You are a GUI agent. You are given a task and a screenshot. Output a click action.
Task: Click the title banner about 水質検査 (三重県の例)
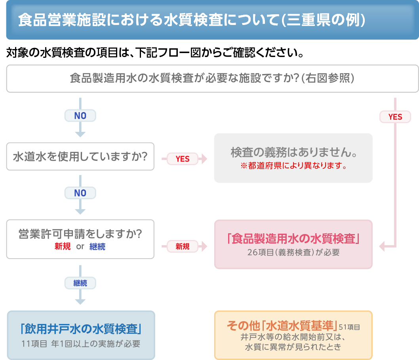click(191, 21)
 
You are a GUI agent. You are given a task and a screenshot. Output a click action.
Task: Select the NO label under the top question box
click(80, 116)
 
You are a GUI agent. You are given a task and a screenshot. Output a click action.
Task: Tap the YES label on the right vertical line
click(395, 116)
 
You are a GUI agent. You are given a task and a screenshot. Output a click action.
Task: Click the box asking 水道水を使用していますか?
click(80, 156)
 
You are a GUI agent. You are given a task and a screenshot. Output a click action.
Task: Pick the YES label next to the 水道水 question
click(183, 159)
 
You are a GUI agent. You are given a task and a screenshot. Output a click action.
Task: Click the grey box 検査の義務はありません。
click(293, 152)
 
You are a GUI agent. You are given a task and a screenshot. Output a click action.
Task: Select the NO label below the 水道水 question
click(80, 193)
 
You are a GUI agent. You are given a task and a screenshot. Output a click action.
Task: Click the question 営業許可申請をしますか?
click(80, 234)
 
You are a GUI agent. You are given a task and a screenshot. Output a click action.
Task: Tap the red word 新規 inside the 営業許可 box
click(63, 246)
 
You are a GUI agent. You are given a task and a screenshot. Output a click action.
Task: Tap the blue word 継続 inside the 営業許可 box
click(97, 246)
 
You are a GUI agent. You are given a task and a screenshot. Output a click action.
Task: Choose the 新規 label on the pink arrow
click(183, 246)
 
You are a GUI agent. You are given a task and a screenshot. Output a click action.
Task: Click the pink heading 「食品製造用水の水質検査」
click(293, 239)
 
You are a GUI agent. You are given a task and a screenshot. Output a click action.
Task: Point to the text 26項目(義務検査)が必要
click(293, 252)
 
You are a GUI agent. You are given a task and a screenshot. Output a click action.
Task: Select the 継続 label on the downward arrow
click(80, 283)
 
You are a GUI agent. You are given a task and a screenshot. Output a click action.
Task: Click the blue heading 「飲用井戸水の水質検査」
click(81, 329)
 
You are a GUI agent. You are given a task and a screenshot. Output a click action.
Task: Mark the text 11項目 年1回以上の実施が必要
click(81, 343)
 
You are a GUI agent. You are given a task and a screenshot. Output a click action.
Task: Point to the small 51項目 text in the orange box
click(349, 328)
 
